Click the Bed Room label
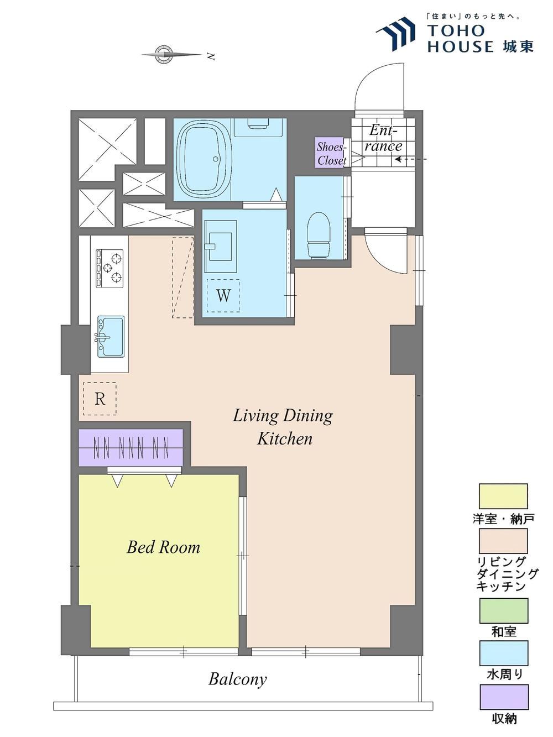pos(164,547)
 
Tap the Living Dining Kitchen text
pos(283,427)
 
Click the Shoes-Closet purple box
pos(331,153)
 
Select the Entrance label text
pos(385,138)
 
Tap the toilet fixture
pos(319,236)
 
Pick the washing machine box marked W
pos(223,296)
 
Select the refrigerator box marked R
pos(100,399)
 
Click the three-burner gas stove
pos(109,268)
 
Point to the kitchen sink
pos(110,337)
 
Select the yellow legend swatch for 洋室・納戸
pos(503,496)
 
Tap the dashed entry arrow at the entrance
pos(411,159)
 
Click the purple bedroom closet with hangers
pos(131,448)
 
